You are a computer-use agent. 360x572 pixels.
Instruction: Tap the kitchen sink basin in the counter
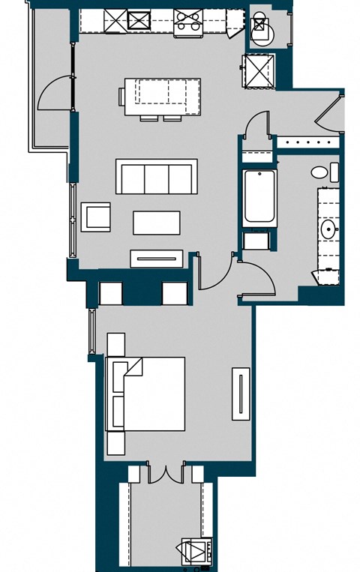(139, 21)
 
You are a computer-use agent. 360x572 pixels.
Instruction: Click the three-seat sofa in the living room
(156, 177)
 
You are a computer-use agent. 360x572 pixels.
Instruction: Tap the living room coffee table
(157, 223)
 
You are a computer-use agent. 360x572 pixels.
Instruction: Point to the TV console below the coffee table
(156, 258)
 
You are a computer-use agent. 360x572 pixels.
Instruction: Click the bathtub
(259, 197)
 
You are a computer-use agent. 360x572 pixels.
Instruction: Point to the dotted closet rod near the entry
(307, 140)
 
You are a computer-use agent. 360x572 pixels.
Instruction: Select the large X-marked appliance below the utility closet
(258, 72)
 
